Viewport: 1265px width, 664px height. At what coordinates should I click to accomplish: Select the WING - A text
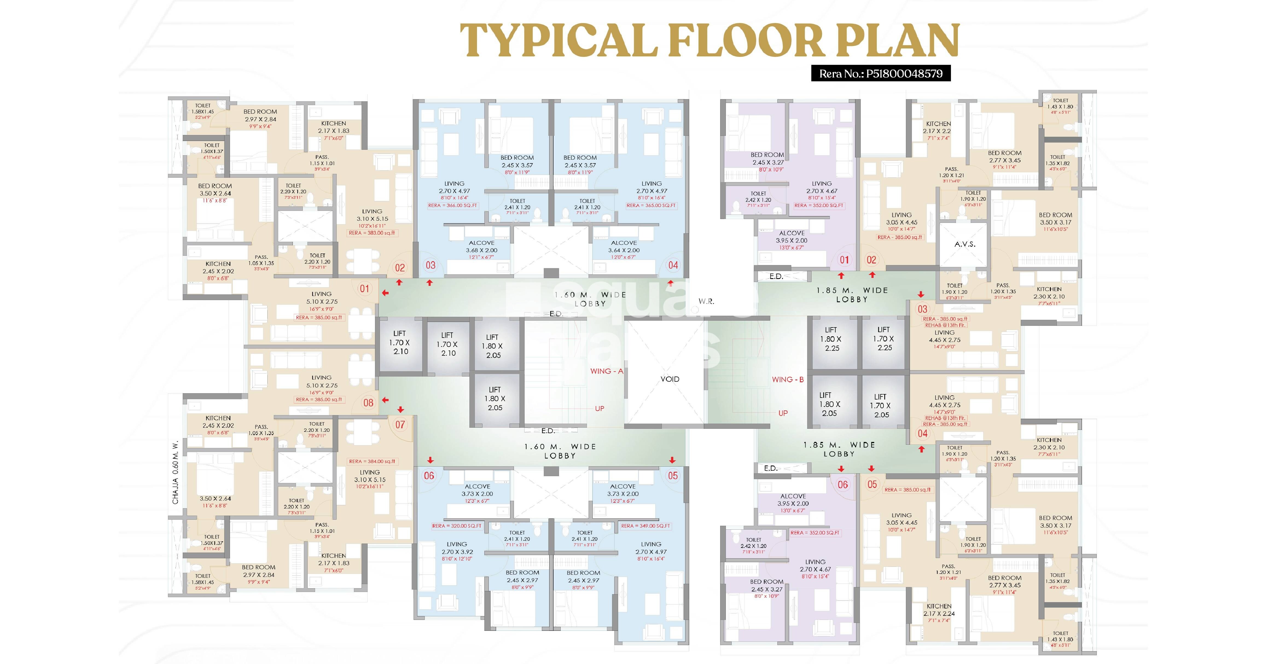tap(606, 371)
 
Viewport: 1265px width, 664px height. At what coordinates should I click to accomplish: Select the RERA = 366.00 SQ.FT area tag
tap(452, 205)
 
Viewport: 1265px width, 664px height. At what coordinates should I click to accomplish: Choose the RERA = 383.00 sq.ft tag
tap(372, 233)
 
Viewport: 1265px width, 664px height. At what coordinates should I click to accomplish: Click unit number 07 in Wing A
tap(400, 425)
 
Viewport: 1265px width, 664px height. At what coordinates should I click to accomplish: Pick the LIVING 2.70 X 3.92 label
tap(457, 548)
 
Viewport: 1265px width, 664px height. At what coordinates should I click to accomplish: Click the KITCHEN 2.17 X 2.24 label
tap(939, 610)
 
